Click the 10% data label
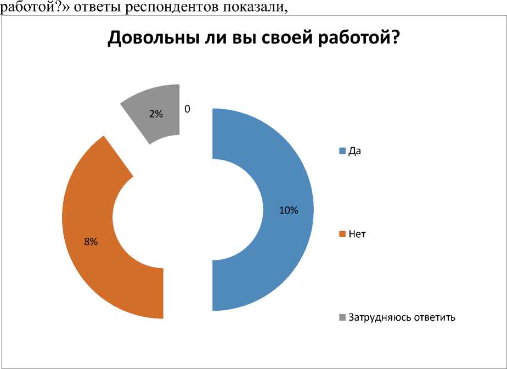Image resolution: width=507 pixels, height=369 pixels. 288,210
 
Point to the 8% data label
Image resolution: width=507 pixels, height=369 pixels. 91,242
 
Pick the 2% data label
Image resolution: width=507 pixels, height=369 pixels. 156,114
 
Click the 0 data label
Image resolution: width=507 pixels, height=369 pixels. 187,109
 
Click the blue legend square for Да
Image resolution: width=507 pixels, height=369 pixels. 343,152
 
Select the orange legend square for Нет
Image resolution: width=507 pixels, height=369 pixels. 343,234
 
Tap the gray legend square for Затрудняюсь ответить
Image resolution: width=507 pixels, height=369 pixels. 343,317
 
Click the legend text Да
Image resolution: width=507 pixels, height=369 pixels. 354,152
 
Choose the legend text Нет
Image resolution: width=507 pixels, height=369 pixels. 357,234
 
